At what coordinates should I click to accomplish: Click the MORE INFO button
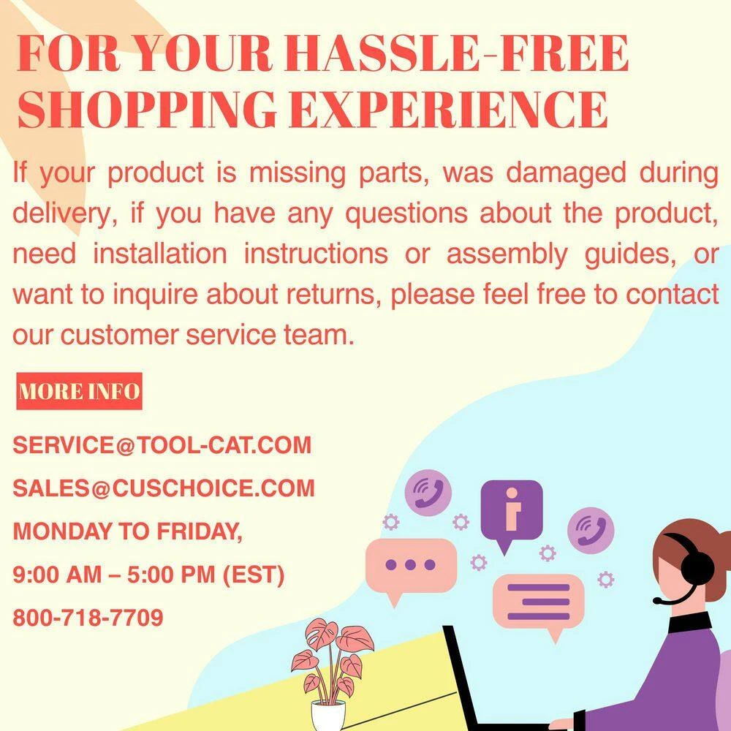pos(79,391)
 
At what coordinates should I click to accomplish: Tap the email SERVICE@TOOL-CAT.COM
pos(162,444)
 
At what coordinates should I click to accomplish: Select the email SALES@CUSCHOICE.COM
pos(164,488)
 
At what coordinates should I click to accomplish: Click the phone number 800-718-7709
pos(88,617)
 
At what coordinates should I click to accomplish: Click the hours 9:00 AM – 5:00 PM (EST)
pos(148,575)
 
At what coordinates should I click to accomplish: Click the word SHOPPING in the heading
pos(147,108)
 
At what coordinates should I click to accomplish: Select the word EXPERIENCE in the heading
pos(449,108)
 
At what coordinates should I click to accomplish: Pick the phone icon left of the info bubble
pos(428,492)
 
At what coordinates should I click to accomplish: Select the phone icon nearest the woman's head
pos(590,530)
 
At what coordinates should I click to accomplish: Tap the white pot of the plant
pos(328,716)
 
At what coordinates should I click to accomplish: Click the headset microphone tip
pos(656,601)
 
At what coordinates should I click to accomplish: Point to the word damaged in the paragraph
pos(566,173)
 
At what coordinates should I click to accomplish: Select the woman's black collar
pos(689,622)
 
